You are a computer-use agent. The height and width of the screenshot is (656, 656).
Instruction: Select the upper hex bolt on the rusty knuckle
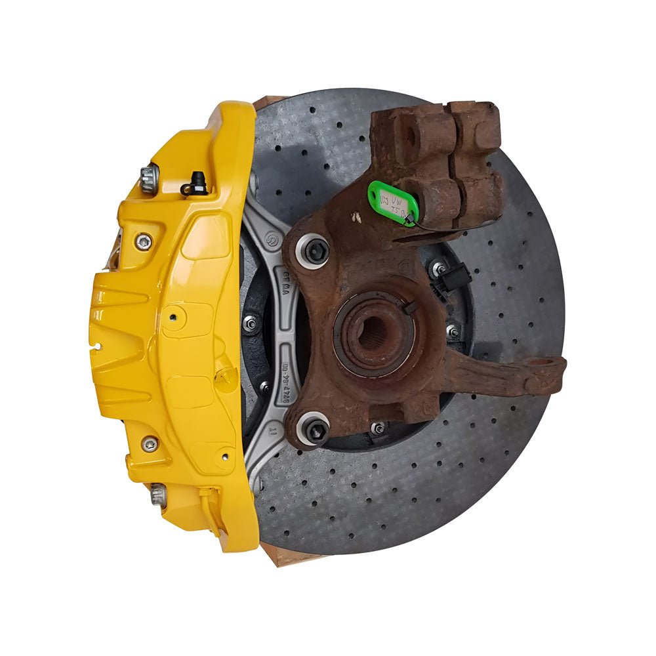(x=313, y=250)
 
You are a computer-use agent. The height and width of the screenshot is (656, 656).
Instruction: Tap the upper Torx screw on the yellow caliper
(x=142, y=241)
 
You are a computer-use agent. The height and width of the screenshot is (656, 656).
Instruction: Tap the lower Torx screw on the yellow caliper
(x=150, y=444)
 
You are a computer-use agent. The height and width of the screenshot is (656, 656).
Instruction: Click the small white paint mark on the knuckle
(x=356, y=217)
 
